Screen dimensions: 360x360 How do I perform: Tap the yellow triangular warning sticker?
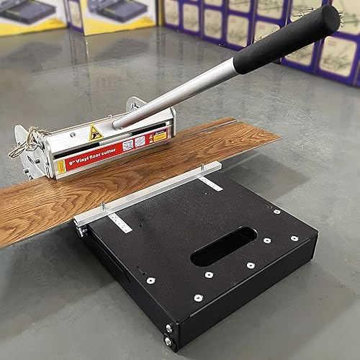point(96,132)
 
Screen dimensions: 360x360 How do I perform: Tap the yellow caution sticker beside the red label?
point(160,135)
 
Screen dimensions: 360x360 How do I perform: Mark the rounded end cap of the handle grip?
point(330,17)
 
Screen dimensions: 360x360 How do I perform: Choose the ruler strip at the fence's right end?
point(210,182)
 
